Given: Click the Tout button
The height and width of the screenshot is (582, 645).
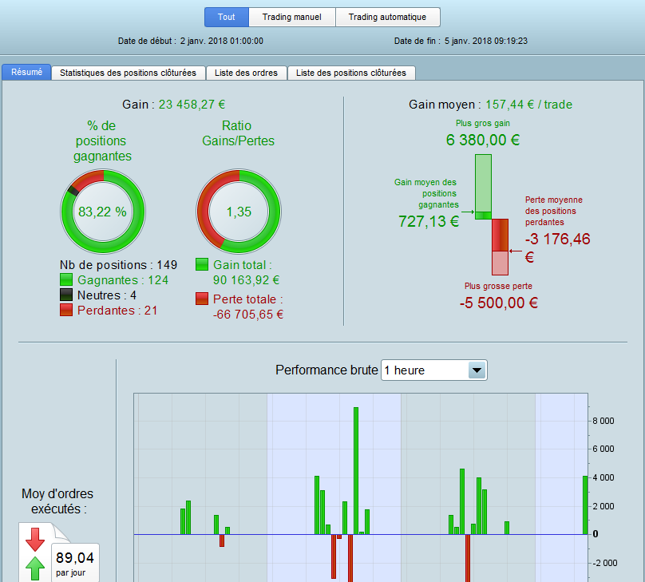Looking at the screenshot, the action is point(227,17).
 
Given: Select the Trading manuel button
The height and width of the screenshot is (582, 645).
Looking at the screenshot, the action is point(292,17).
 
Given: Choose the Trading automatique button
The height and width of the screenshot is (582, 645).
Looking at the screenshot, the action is point(387,17).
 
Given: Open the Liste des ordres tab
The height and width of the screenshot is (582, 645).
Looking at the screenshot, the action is point(246,73).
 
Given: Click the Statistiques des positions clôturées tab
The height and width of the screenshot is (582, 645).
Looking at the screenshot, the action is point(128,73).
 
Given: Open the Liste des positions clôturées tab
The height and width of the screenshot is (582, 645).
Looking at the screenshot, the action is point(351,73).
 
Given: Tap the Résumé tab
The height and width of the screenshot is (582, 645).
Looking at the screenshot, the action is point(26,72).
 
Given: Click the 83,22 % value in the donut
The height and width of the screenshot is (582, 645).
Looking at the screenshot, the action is point(102,212).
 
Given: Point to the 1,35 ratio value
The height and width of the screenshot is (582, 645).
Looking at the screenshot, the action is point(239,212).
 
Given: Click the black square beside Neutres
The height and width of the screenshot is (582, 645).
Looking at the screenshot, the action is point(66,295).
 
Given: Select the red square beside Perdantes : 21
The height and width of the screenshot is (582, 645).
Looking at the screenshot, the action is point(66,310).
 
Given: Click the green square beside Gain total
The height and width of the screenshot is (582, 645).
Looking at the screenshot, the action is point(202,264).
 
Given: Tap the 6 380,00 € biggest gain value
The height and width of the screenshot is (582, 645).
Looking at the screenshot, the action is point(483,140).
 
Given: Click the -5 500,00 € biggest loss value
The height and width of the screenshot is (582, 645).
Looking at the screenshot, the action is point(499,303).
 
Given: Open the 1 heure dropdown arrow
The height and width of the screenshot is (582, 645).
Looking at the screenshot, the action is point(477,370).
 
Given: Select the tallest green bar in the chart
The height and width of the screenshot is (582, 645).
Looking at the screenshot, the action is point(356,471).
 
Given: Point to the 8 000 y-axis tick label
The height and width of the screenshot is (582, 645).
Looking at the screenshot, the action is point(603,421).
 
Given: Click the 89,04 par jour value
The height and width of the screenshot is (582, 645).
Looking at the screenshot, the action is point(75,563).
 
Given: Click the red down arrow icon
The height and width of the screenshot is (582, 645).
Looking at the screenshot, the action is point(35,539).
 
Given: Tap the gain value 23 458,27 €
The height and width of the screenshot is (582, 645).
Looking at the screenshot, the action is point(192,105).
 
